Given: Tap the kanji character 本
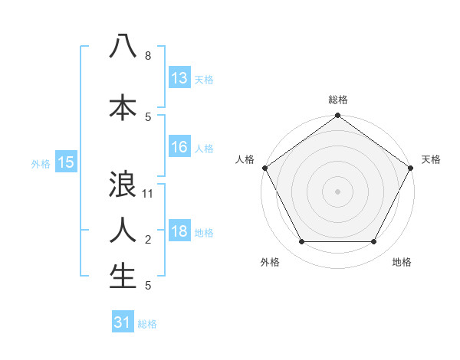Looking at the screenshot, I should pyautogui.click(x=123, y=106).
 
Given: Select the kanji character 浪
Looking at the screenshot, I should pyautogui.click(x=123, y=184).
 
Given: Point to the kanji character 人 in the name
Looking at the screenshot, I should pyautogui.click(x=123, y=230).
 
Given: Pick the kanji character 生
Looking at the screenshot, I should pyautogui.click(x=123, y=276).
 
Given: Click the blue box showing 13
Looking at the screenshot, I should pyautogui.click(x=179, y=78).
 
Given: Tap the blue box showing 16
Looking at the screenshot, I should pyautogui.click(x=179, y=148).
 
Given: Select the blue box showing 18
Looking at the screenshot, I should pyautogui.click(x=179, y=232).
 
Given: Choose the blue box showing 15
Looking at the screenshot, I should pyautogui.click(x=66, y=162).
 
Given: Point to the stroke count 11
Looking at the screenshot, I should pyautogui.click(x=148, y=194).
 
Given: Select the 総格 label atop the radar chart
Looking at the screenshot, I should pyautogui.click(x=337, y=100).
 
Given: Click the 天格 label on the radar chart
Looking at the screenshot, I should pyautogui.click(x=432, y=159).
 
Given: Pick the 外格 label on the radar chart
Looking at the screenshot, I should pyautogui.click(x=270, y=262).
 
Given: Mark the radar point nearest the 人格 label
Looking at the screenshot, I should pyautogui.click(x=264, y=167).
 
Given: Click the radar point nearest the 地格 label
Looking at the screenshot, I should pyautogui.click(x=374, y=242).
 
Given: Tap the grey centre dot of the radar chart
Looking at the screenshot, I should pyautogui.click(x=337, y=191).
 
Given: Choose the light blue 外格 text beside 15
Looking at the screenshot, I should pyautogui.click(x=41, y=163).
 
